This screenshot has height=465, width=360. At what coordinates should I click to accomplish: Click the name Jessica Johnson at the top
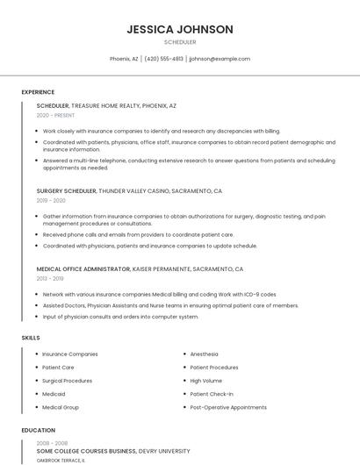(179, 29)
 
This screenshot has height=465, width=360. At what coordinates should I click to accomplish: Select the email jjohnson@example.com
(220, 59)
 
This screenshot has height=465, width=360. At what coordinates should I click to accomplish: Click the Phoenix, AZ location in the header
(124, 59)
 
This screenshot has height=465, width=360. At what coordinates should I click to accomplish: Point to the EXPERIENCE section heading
(38, 92)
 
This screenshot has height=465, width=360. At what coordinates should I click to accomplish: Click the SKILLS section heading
(31, 337)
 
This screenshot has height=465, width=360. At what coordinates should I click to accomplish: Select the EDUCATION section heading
(38, 431)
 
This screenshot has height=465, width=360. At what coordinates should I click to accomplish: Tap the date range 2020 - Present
(56, 115)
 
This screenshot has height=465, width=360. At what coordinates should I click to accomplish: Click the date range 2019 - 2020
(51, 200)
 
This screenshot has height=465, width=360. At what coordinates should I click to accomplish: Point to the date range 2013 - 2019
(51, 278)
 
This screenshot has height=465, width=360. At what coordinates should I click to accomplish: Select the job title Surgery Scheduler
(66, 190)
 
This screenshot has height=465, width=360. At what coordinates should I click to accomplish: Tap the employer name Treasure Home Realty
(104, 105)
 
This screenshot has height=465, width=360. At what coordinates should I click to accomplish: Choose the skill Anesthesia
(205, 354)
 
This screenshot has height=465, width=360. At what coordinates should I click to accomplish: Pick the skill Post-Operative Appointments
(228, 407)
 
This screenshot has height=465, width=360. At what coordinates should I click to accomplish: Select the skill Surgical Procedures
(67, 381)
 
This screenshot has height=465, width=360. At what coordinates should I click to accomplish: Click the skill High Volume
(206, 381)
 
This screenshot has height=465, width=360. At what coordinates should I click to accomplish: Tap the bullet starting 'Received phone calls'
(138, 234)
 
